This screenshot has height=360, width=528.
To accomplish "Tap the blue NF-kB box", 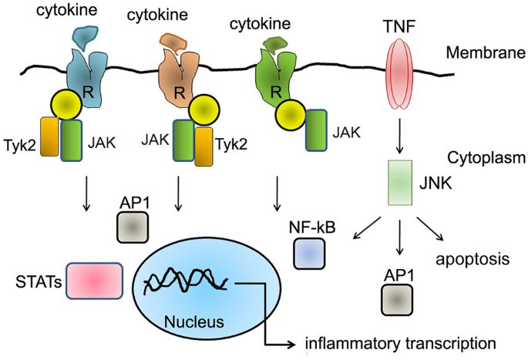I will pos(311,254).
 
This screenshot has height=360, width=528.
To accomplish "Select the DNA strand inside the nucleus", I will pos(191,284).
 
